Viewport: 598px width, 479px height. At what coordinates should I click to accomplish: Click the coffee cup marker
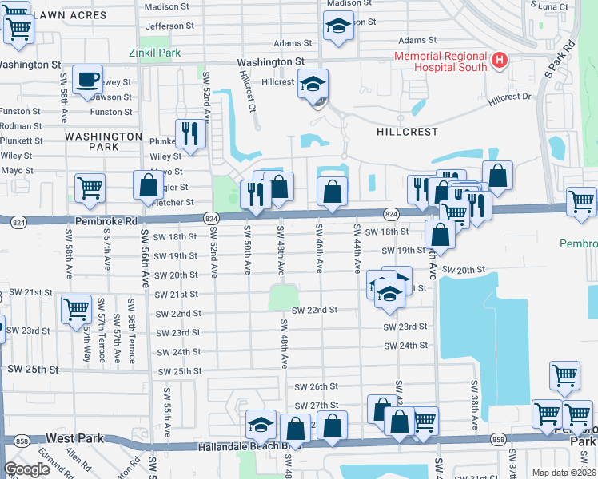coord(87,80)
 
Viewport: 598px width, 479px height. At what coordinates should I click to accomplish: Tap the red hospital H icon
coord(500,59)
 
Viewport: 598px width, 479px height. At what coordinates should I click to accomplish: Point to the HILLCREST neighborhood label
coord(408,131)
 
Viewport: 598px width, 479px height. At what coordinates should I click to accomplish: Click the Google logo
coord(26,469)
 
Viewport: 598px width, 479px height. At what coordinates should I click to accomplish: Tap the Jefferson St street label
coord(170,26)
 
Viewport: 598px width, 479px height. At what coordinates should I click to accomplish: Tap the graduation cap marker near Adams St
coord(338,26)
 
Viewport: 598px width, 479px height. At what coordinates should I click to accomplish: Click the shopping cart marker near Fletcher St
coord(90,188)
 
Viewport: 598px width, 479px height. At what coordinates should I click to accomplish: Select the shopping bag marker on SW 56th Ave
coord(149,185)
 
